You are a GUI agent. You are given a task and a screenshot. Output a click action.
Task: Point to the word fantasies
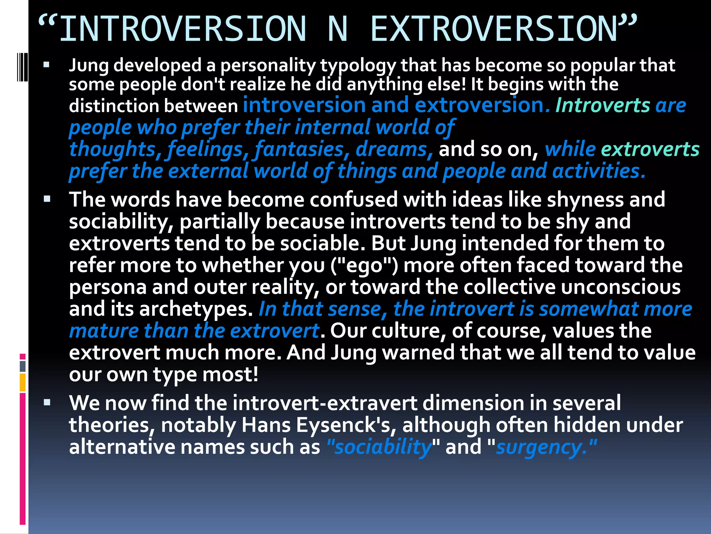point(299,149)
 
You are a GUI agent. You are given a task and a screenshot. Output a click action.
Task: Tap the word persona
point(107,287)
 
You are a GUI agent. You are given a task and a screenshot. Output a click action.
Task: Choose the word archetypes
point(196,309)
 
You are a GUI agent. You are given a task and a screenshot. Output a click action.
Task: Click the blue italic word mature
point(104,331)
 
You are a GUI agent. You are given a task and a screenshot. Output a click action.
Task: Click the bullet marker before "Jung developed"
point(47,65)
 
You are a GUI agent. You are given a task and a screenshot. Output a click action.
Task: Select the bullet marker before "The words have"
point(47,199)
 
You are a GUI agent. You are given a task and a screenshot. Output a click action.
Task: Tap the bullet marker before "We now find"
point(47,403)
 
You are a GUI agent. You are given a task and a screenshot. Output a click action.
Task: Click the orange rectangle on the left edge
point(23,382)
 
